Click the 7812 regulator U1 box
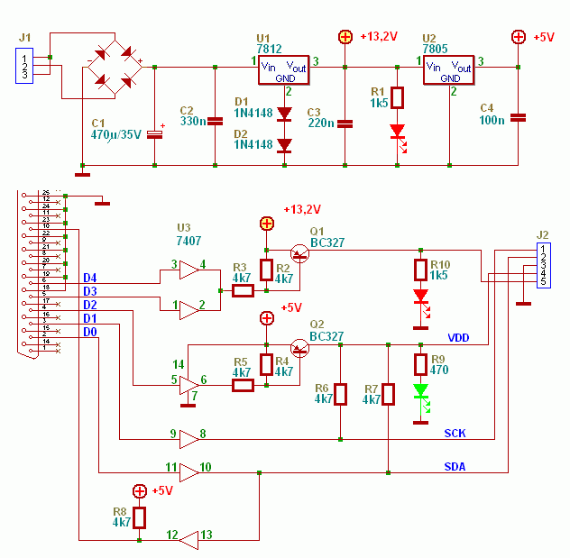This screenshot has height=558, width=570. pyautogui.click(x=284, y=72)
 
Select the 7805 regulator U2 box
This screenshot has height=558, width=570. pyautogui.click(x=448, y=72)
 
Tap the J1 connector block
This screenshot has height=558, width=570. pyautogui.click(x=24, y=66)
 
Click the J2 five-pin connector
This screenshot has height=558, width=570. pyautogui.click(x=543, y=266)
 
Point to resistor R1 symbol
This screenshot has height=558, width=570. pyautogui.click(x=399, y=97)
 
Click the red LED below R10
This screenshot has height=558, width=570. pyautogui.click(x=420, y=297)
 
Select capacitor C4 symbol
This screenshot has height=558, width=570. pyautogui.click(x=518, y=116)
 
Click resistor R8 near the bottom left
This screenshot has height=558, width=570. pyautogui.click(x=139, y=517)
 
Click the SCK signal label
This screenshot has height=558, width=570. pyautogui.click(x=455, y=434)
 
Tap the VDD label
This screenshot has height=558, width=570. pyautogui.click(x=459, y=338)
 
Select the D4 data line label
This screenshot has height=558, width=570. pyautogui.click(x=89, y=278)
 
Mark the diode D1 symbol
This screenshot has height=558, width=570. pyautogui.click(x=285, y=114)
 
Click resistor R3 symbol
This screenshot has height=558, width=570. pyautogui.click(x=243, y=290)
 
